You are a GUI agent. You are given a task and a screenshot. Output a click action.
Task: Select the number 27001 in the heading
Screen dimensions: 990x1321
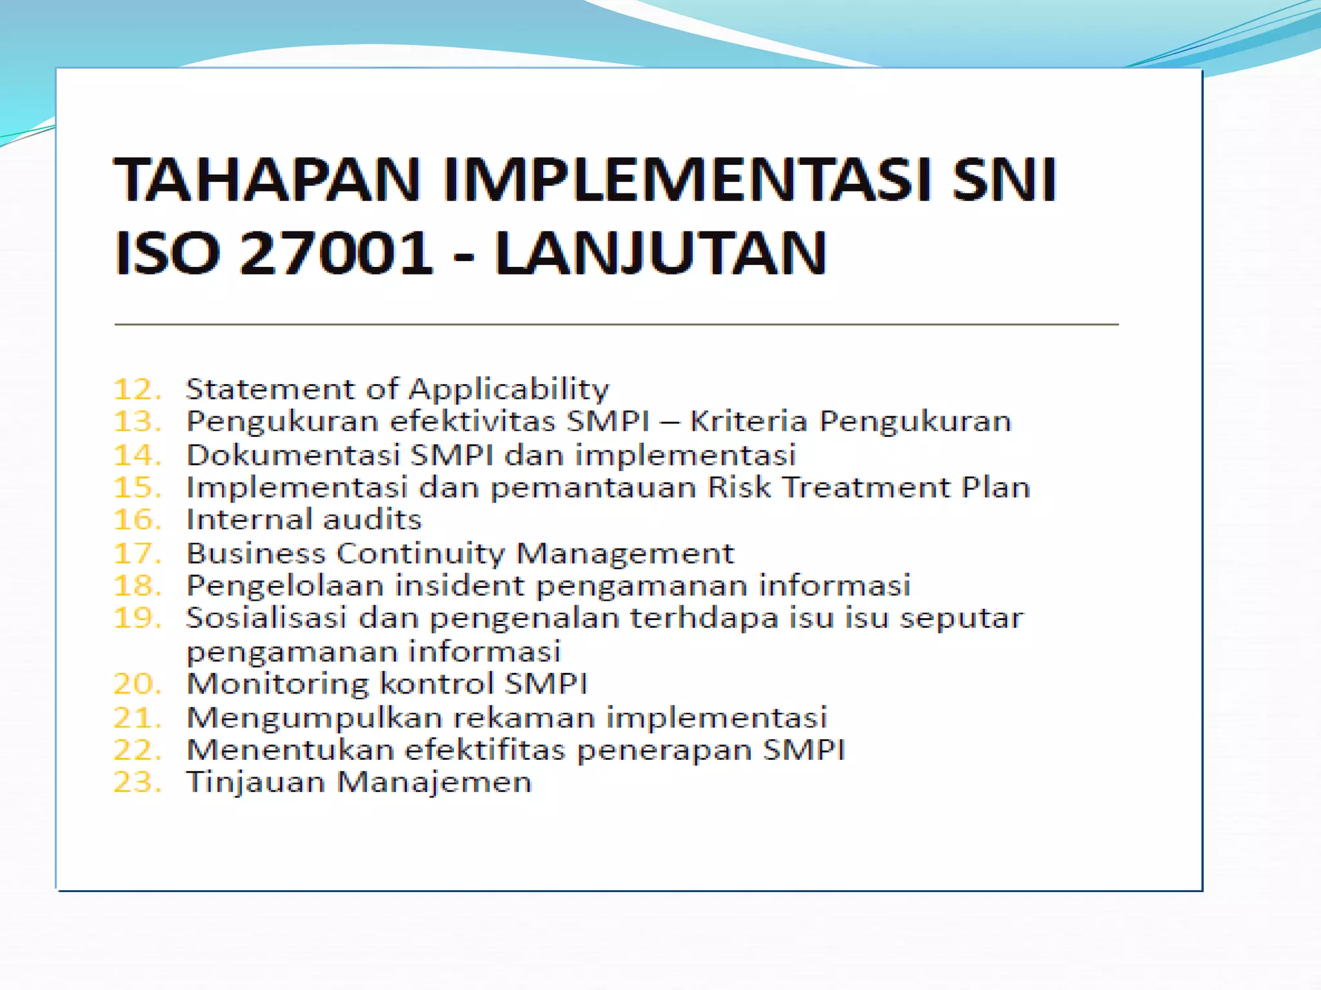point(335,253)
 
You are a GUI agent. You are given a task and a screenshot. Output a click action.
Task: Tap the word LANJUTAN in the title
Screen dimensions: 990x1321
point(660,253)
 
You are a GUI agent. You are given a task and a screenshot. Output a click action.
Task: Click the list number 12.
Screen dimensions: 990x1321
point(137,389)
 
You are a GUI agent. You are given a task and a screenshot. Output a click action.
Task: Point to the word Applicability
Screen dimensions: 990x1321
point(509,390)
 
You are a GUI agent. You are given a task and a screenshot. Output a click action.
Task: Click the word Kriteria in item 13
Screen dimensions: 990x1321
point(748,422)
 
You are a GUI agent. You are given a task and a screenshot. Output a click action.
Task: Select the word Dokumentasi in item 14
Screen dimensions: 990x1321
point(293,455)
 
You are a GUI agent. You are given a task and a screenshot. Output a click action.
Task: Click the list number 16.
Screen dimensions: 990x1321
point(137,520)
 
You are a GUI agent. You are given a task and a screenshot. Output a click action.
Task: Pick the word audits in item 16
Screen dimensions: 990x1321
point(372,520)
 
